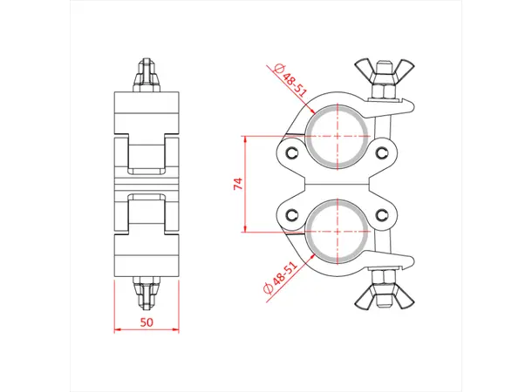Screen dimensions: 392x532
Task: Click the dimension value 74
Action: [236, 184]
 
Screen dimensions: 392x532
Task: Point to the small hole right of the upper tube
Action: [382, 153]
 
